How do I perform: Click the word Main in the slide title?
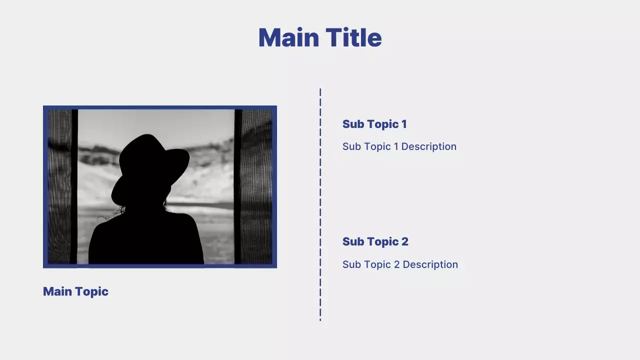point(288,38)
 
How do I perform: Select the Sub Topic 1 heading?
point(374,124)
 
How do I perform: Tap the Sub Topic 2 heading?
point(375,241)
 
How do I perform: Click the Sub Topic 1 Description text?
point(399,146)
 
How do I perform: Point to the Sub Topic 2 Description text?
point(400,264)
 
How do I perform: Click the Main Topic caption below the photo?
point(75,291)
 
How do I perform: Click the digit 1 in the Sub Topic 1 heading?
point(404,124)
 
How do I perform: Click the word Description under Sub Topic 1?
point(428,146)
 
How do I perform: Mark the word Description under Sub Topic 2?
point(430,264)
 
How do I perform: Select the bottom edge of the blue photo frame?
point(160,266)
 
